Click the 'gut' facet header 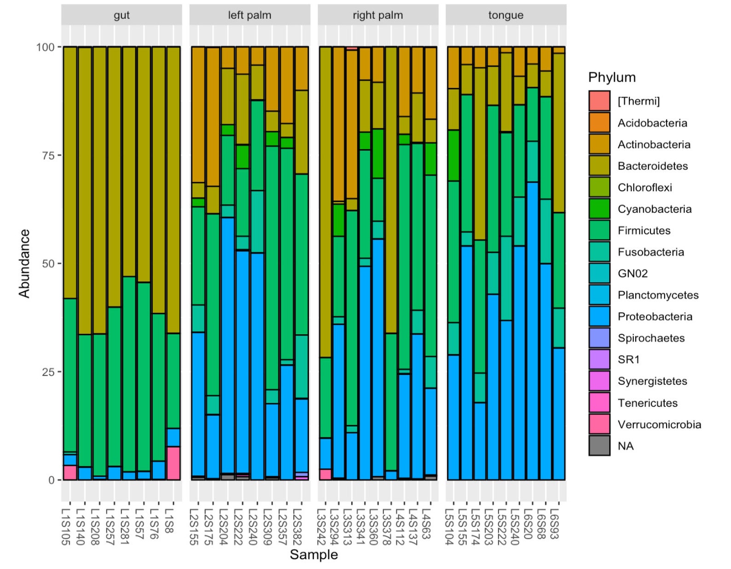point(122,15)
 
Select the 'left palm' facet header point(249,15)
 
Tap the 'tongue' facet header point(505,15)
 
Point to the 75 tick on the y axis point(48,156)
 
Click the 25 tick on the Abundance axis point(48,372)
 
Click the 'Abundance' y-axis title point(24,263)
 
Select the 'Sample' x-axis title point(313,555)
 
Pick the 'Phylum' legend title point(612,77)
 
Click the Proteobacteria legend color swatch point(599,316)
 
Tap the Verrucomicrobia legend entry point(659,424)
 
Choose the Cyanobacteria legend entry point(654,209)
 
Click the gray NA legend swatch point(599,446)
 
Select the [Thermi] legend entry point(638,101)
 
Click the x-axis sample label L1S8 point(169,521)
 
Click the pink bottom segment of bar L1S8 point(173,463)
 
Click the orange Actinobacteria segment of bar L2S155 point(198,115)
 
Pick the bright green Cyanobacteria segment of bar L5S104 point(453,156)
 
